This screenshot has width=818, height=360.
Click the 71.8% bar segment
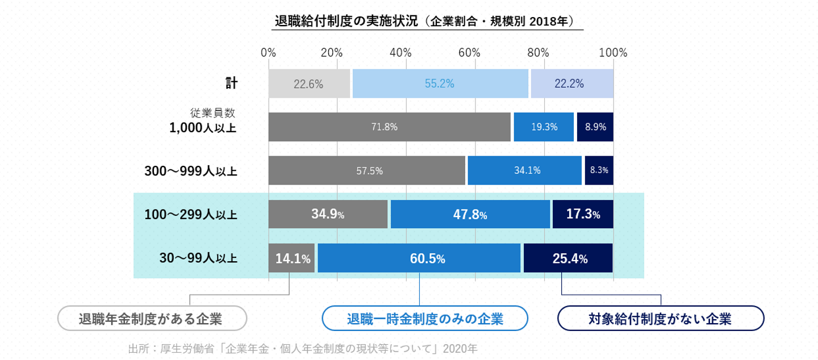(389, 127)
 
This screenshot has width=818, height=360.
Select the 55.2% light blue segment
(440, 84)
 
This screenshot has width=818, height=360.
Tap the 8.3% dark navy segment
(599, 170)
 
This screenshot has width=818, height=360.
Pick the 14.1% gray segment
(292, 258)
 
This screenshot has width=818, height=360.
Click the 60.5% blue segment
(419, 258)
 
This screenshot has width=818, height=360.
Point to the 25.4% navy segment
(568, 258)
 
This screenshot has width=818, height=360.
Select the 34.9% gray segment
(328, 215)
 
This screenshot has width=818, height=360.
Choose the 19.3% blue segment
(544, 127)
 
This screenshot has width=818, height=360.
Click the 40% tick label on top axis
(400, 53)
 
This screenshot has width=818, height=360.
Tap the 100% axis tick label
(613, 53)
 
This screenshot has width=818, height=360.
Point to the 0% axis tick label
(268, 53)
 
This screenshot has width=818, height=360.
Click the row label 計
(231, 83)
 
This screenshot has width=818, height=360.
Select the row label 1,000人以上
(203, 128)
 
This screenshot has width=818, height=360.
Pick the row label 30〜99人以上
(198, 258)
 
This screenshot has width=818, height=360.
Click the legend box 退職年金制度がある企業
(152, 318)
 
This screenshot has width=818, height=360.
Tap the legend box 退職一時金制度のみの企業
(425, 318)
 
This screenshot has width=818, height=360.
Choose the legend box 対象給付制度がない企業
(661, 318)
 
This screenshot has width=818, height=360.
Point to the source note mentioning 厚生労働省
(303, 348)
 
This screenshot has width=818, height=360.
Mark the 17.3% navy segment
(582, 215)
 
